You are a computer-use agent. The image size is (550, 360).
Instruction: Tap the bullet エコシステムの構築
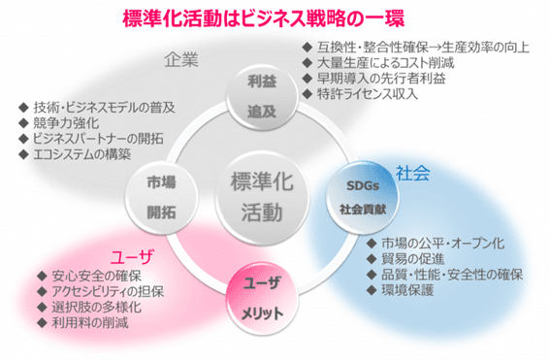87,153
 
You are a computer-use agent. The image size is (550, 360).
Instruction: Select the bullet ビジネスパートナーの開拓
101,138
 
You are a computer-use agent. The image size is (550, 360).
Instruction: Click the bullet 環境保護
408,289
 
